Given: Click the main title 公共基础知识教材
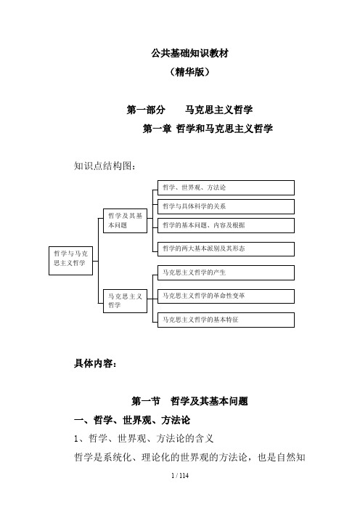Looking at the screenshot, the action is (x=189, y=53).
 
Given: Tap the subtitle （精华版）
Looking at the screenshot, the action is (x=189, y=71).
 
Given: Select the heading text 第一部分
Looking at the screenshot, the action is (x=146, y=110).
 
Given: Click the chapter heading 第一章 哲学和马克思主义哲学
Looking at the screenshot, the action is (x=208, y=129).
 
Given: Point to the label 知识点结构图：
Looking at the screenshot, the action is (x=105, y=166).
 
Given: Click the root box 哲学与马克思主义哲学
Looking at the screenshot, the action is (x=71, y=261).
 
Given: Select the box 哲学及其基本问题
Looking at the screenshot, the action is (x=125, y=221).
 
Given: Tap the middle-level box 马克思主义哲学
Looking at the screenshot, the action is (x=125, y=301).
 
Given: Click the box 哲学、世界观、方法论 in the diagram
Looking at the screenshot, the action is (x=226, y=187).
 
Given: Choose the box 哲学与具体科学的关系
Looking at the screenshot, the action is (x=226, y=206).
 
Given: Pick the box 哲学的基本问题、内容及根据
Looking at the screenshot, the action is (x=226, y=225).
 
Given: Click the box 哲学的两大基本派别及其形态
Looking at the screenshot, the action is (x=226, y=248).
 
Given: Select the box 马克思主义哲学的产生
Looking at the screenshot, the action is (x=226, y=272).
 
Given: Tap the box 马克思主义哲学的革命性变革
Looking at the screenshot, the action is (x=226, y=296).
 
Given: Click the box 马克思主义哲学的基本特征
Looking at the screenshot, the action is (x=226, y=320).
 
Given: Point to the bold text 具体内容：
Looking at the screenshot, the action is (x=95, y=363).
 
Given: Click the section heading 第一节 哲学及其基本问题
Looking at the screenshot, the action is (x=189, y=401).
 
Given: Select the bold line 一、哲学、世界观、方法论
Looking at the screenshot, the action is (x=132, y=420).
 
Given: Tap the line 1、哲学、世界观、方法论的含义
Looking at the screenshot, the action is (x=144, y=439).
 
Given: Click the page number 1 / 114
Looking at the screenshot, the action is (x=180, y=476).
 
